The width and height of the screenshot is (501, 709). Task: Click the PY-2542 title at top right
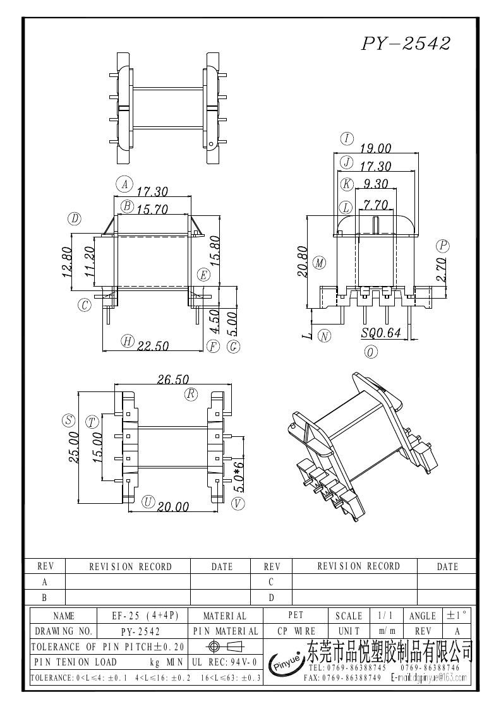pos(406,44)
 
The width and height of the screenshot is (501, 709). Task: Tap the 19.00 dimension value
pos(375,148)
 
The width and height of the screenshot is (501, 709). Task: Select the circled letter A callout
pos(124,184)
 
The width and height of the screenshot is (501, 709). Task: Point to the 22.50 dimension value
pos(154,345)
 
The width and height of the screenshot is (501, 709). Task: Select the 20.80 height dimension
pos(302,261)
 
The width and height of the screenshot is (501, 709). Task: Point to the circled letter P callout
pos(442,246)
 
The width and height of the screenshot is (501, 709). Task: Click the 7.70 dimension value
pos(375,205)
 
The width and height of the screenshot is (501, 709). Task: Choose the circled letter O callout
pos(371,352)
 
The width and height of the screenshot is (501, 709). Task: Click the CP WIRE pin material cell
pos(296,631)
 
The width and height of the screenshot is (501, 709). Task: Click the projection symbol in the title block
pos(224,646)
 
